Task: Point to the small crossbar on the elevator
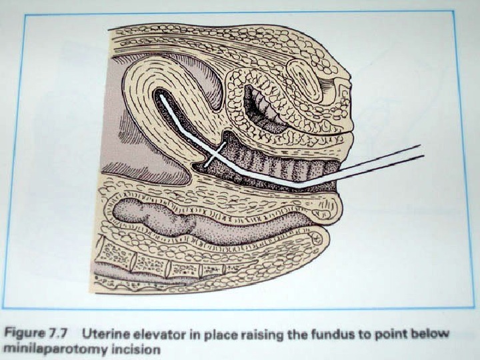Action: [211, 158]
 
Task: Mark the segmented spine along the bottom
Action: [167, 267]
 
